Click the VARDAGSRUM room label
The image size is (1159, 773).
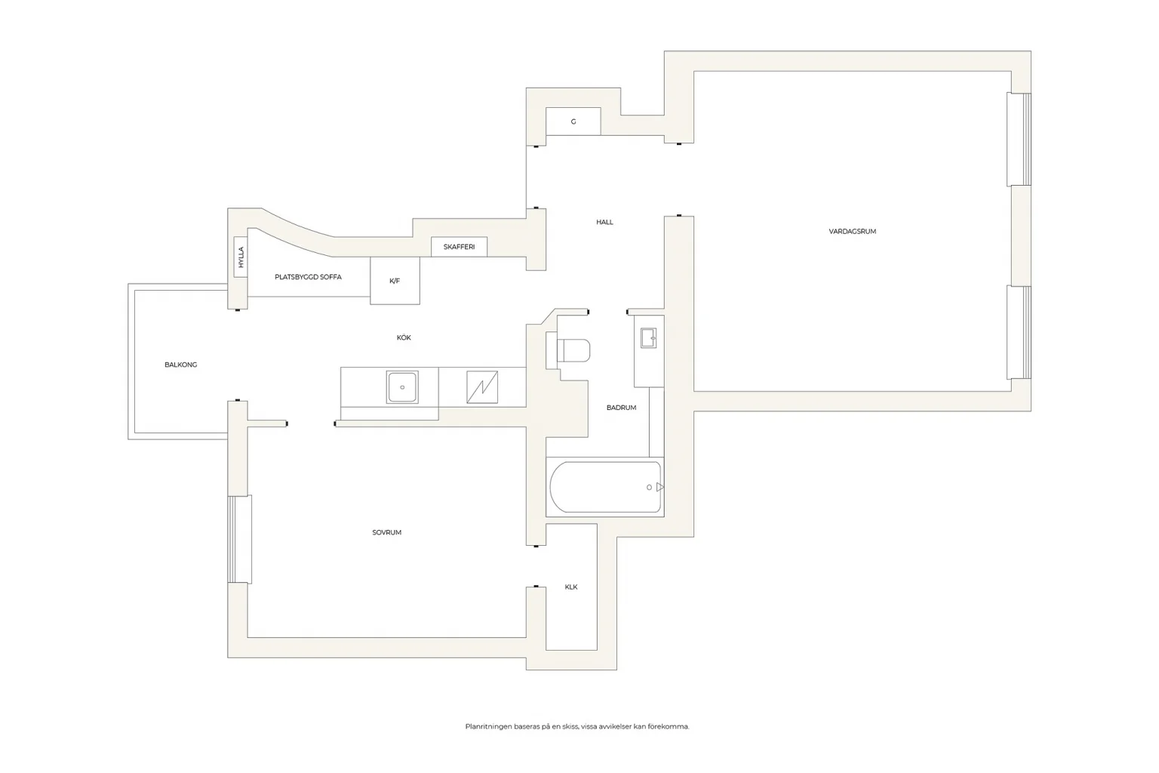coord(852,232)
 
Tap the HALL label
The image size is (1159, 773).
coord(604,222)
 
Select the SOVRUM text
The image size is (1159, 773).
coord(386,532)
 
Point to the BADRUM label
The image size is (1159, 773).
coord(621,408)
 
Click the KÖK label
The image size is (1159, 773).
coord(404,337)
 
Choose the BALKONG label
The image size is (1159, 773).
coord(180,365)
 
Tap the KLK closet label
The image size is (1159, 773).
coord(570,587)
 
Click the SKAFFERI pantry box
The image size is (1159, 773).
coord(459,247)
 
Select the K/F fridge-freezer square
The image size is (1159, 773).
coord(395,281)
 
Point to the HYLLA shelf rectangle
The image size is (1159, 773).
coord(241,257)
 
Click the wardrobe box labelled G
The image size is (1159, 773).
coord(573,122)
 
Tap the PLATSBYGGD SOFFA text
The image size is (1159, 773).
coord(308,277)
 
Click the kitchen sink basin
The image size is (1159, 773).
coord(402,387)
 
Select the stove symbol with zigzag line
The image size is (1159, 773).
coord(482,387)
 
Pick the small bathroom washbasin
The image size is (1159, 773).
coord(648,338)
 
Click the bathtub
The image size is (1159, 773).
coord(605,487)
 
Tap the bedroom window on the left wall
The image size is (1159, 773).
coord(239,539)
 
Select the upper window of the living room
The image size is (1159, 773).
coord(1019,139)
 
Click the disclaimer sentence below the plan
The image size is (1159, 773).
coord(577,726)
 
